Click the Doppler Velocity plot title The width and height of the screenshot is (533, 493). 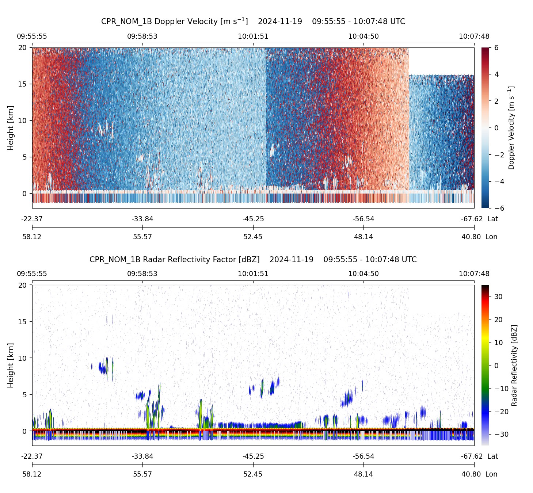(x=253, y=21)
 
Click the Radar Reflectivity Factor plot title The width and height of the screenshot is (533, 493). (x=253, y=260)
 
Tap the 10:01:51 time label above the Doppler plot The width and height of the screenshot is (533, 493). (x=253, y=36)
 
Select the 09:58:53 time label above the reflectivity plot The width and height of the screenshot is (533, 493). (x=142, y=274)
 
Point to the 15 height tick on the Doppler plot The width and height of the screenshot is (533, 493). (x=23, y=84)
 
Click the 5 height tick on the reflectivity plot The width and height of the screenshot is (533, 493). (x=24, y=394)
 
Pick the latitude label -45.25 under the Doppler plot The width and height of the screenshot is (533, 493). (x=253, y=219)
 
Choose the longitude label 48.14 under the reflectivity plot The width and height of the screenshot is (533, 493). (x=363, y=474)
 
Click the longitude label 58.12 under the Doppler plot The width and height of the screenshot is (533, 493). (x=32, y=237)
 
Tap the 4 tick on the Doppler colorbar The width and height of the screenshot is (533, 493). (x=496, y=74)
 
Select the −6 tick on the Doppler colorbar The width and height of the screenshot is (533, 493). (x=499, y=208)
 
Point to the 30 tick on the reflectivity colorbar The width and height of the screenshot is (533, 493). (x=498, y=297)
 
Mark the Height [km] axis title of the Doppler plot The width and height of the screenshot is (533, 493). (x=11, y=128)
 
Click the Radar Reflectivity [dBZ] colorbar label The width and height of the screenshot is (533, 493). (x=514, y=365)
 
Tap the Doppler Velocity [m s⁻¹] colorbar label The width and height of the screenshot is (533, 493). (x=511, y=128)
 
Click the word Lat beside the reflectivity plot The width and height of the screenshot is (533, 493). (x=492, y=456)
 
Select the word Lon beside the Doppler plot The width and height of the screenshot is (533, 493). (x=491, y=237)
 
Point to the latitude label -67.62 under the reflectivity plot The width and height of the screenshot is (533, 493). (x=472, y=456)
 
